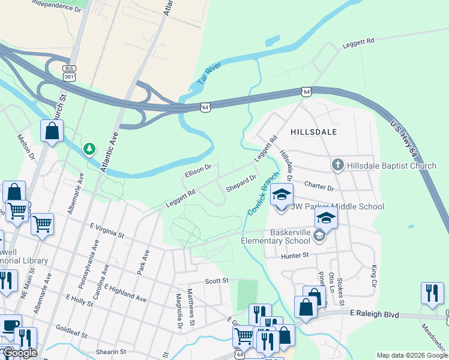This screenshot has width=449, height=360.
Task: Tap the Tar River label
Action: pos(209,73)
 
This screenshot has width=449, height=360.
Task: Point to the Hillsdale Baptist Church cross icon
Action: pos(337,164)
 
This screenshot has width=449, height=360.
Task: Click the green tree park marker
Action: pos(89,148)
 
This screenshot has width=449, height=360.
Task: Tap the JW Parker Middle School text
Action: pos(337,207)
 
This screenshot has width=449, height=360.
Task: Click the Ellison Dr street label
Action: pos(197,171)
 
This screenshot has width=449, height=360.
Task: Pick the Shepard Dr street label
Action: pos(241,183)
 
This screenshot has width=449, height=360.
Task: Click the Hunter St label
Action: pos(294,255)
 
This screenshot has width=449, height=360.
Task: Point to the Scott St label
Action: pos(217,280)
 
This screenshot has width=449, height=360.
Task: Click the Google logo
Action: pos(19,353)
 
